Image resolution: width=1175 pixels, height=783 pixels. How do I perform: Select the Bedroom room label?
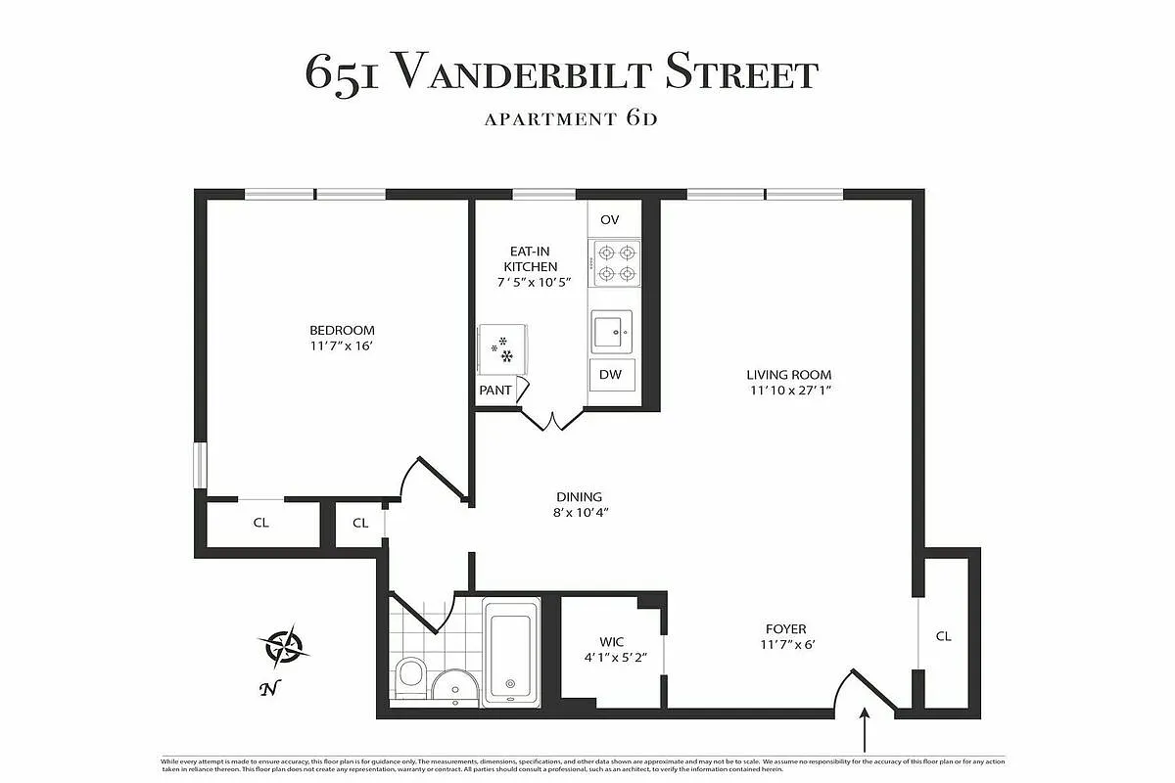pyautogui.click(x=342, y=330)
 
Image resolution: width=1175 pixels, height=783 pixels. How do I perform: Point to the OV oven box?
pyautogui.click(x=609, y=219)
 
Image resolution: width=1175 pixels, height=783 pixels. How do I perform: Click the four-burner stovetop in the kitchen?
pyautogui.click(x=615, y=262)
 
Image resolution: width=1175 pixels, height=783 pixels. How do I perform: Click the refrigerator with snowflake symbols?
pyautogui.click(x=502, y=348)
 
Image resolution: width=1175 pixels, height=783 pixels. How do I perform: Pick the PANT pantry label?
pyautogui.click(x=495, y=390)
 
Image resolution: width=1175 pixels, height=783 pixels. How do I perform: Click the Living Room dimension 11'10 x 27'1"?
pyautogui.click(x=789, y=391)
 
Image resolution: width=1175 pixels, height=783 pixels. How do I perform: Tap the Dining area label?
pyautogui.click(x=579, y=497)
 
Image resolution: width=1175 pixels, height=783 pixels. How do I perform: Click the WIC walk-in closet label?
pyautogui.click(x=612, y=642)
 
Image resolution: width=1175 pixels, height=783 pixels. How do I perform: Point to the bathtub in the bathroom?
pyautogui.click(x=510, y=651)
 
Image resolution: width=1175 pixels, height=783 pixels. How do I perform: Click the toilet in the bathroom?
pyautogui.click(x=410, y=675)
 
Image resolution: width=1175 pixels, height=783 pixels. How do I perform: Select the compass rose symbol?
pyautogui.click(x=285, y=645)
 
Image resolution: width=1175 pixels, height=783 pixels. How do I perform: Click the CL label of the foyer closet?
pyautogui.click(x=943, y=636)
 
